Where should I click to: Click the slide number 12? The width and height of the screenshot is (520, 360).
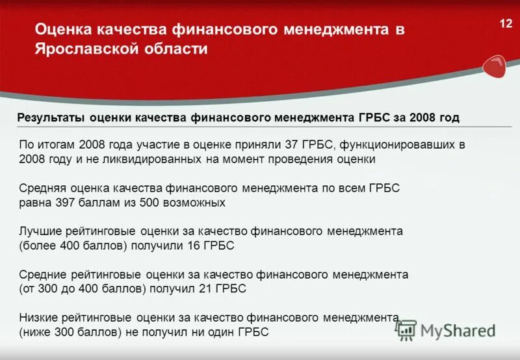tap(505, 23)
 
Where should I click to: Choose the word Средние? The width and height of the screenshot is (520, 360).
tap(42, 275)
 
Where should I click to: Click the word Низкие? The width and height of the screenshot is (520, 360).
tap(39, 318)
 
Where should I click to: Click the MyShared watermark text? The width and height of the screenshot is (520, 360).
tap(458, 330)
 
